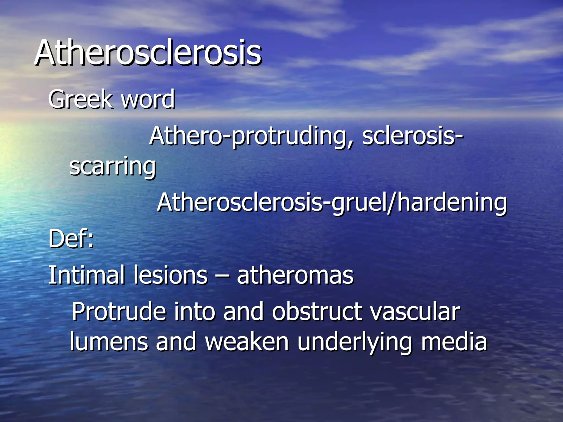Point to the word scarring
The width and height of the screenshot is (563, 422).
112,166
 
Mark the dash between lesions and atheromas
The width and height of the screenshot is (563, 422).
222,276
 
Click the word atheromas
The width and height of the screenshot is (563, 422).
295,275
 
